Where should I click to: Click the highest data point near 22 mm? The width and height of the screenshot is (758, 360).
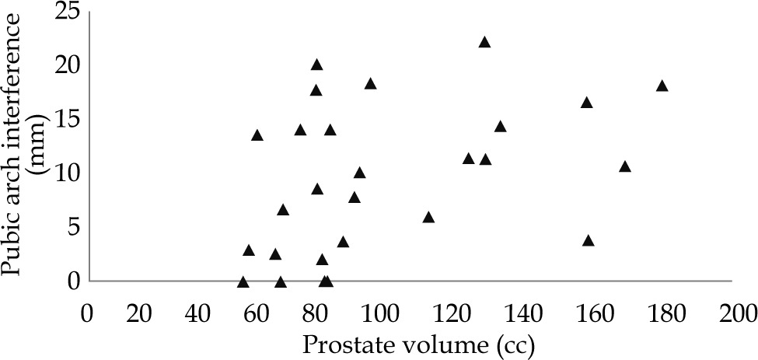click(484, 42)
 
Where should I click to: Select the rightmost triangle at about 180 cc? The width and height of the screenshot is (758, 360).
click(662, 86)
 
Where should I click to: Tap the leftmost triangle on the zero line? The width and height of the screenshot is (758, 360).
click(243, 281)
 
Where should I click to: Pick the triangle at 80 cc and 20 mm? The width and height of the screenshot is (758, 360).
click(316, 65)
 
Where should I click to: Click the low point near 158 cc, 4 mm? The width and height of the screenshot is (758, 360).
click(589, 241)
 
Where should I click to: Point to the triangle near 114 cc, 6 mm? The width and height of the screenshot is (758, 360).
click(428, 218)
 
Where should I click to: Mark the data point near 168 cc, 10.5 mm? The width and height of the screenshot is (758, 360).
click(624, 166)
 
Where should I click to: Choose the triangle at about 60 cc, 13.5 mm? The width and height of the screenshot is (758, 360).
click(257, 135)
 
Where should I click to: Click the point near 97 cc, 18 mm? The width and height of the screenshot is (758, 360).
click(370, 84)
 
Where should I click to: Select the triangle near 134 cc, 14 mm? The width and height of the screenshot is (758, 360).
click(500, 127)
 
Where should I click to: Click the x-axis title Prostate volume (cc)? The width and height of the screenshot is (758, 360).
click(410, 343)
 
